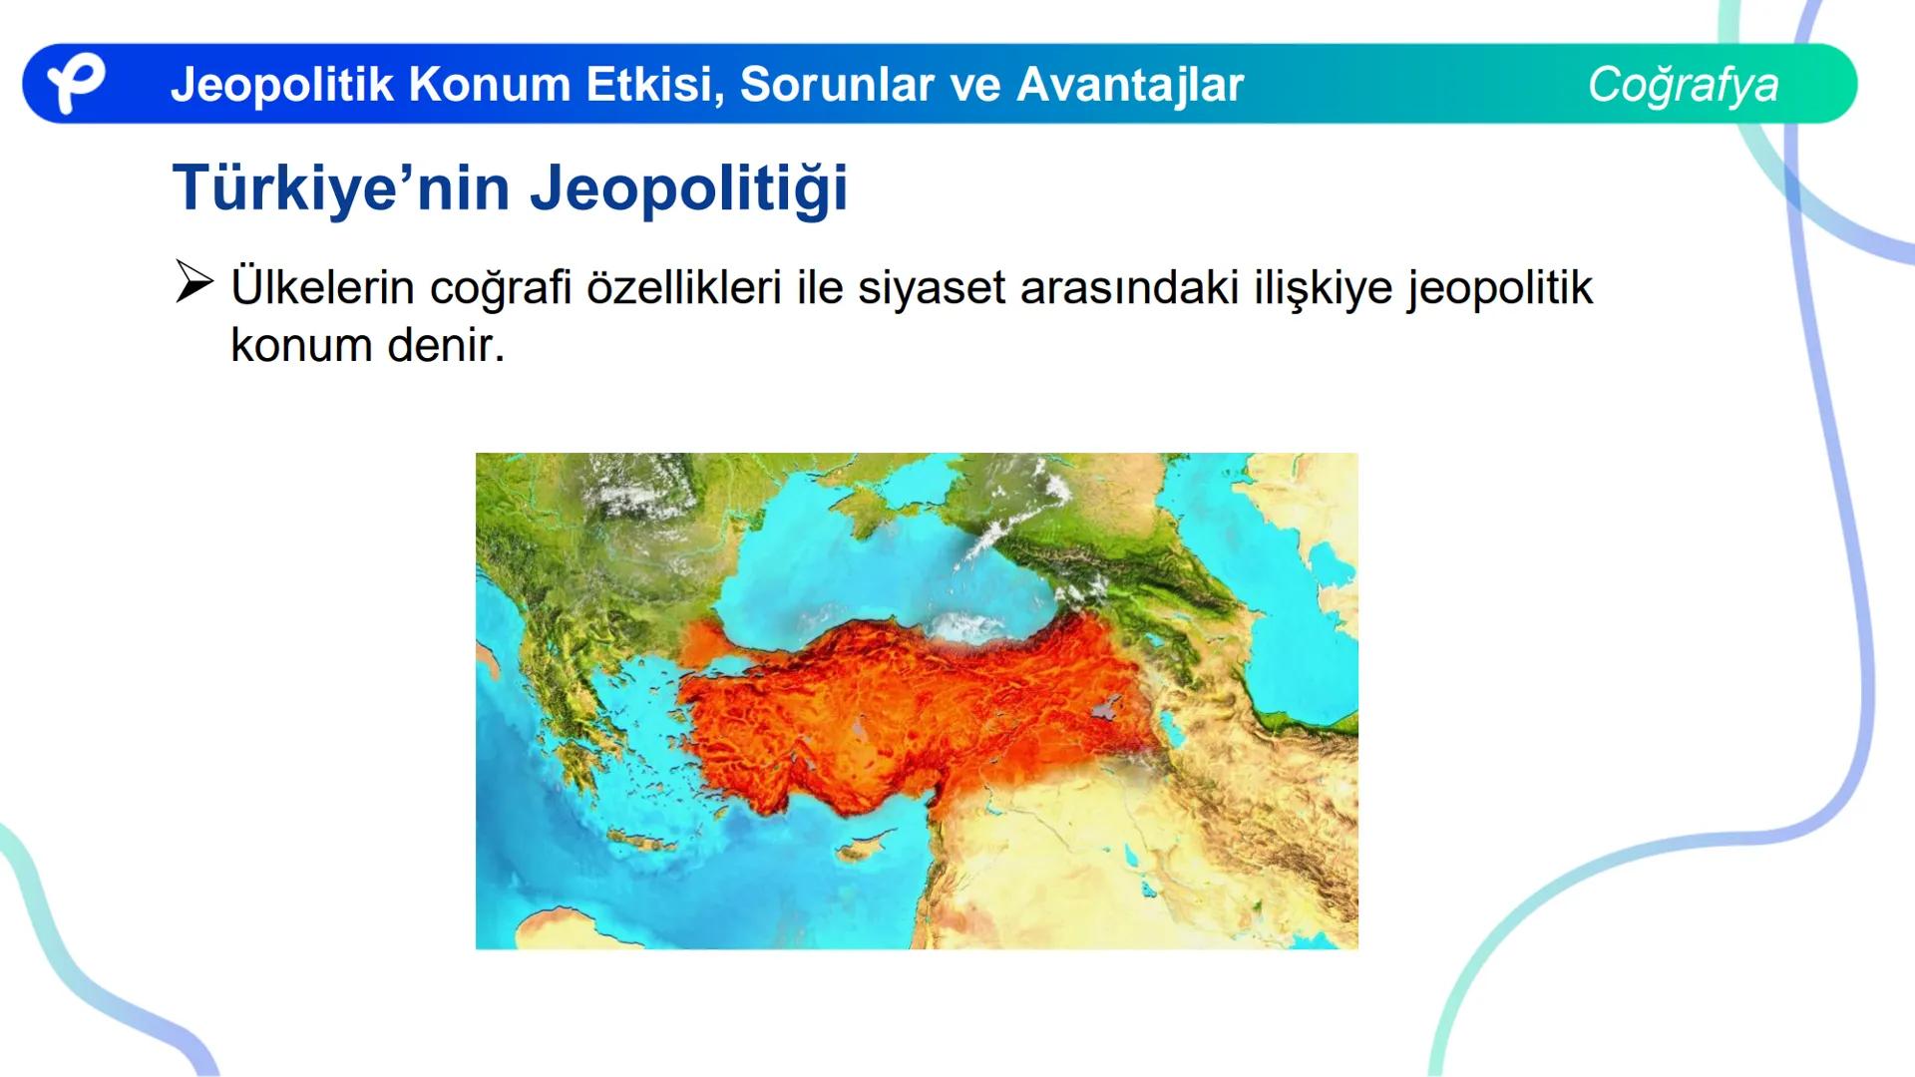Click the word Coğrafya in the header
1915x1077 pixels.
tap(1683, 85)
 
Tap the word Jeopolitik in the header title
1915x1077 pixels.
tap(282, 85)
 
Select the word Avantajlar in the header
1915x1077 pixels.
tap(1129, 85)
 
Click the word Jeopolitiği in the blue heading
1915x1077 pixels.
tap(688, 187)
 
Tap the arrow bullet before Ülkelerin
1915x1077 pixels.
tap(193, 282)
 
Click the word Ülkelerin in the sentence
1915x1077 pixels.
tap(322, 288)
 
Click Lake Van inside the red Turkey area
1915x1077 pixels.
tap(1103, 709)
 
